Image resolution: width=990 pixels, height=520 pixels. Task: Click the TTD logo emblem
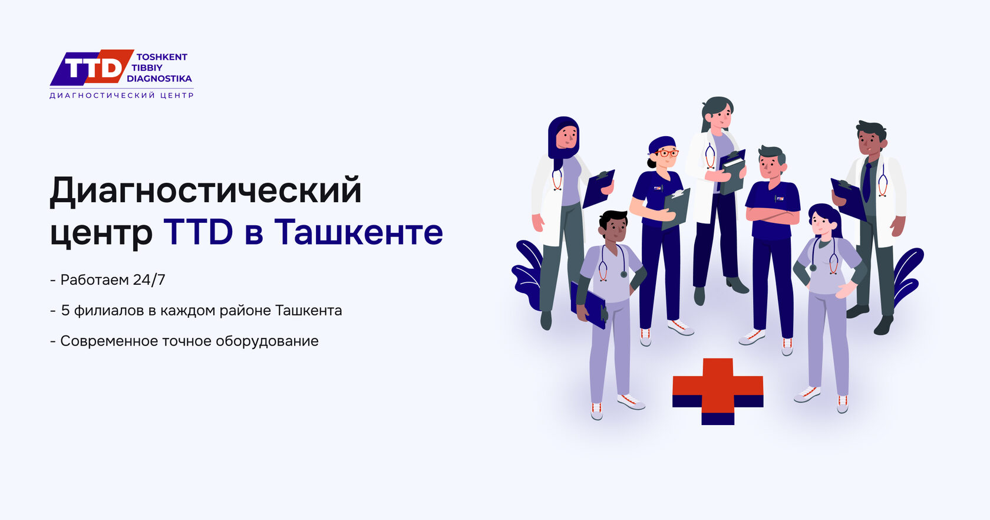(92, 67)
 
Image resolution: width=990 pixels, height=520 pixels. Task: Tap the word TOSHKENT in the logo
(161, 57)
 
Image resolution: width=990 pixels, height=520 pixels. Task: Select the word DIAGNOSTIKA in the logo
(160, 79)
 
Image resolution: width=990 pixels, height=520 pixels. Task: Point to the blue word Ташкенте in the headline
(358, 232)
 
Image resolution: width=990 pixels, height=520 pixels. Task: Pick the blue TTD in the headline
(198, 232)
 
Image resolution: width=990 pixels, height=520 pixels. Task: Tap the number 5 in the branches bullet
(65, 310)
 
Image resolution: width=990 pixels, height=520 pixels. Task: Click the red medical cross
(718, 391)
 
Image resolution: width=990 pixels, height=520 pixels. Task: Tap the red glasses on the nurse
(666, 153)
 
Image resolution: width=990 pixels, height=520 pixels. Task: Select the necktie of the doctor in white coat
(867, 182)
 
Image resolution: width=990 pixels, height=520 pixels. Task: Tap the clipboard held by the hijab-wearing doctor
(598, 189)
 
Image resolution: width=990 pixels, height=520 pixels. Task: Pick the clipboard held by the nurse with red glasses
(676, 209)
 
